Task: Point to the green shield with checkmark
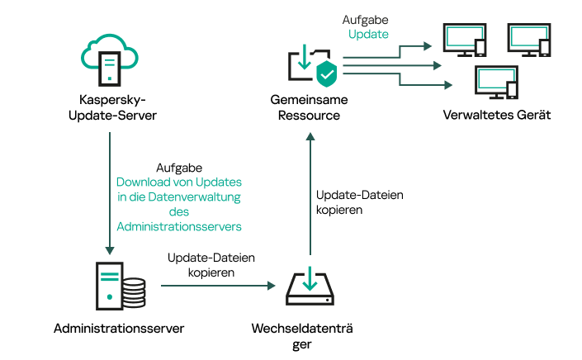[324, 73]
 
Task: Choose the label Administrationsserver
[118, 329]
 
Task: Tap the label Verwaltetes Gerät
[497, 115]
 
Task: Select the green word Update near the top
[368, 34]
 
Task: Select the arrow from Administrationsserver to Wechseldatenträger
[217, 286]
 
